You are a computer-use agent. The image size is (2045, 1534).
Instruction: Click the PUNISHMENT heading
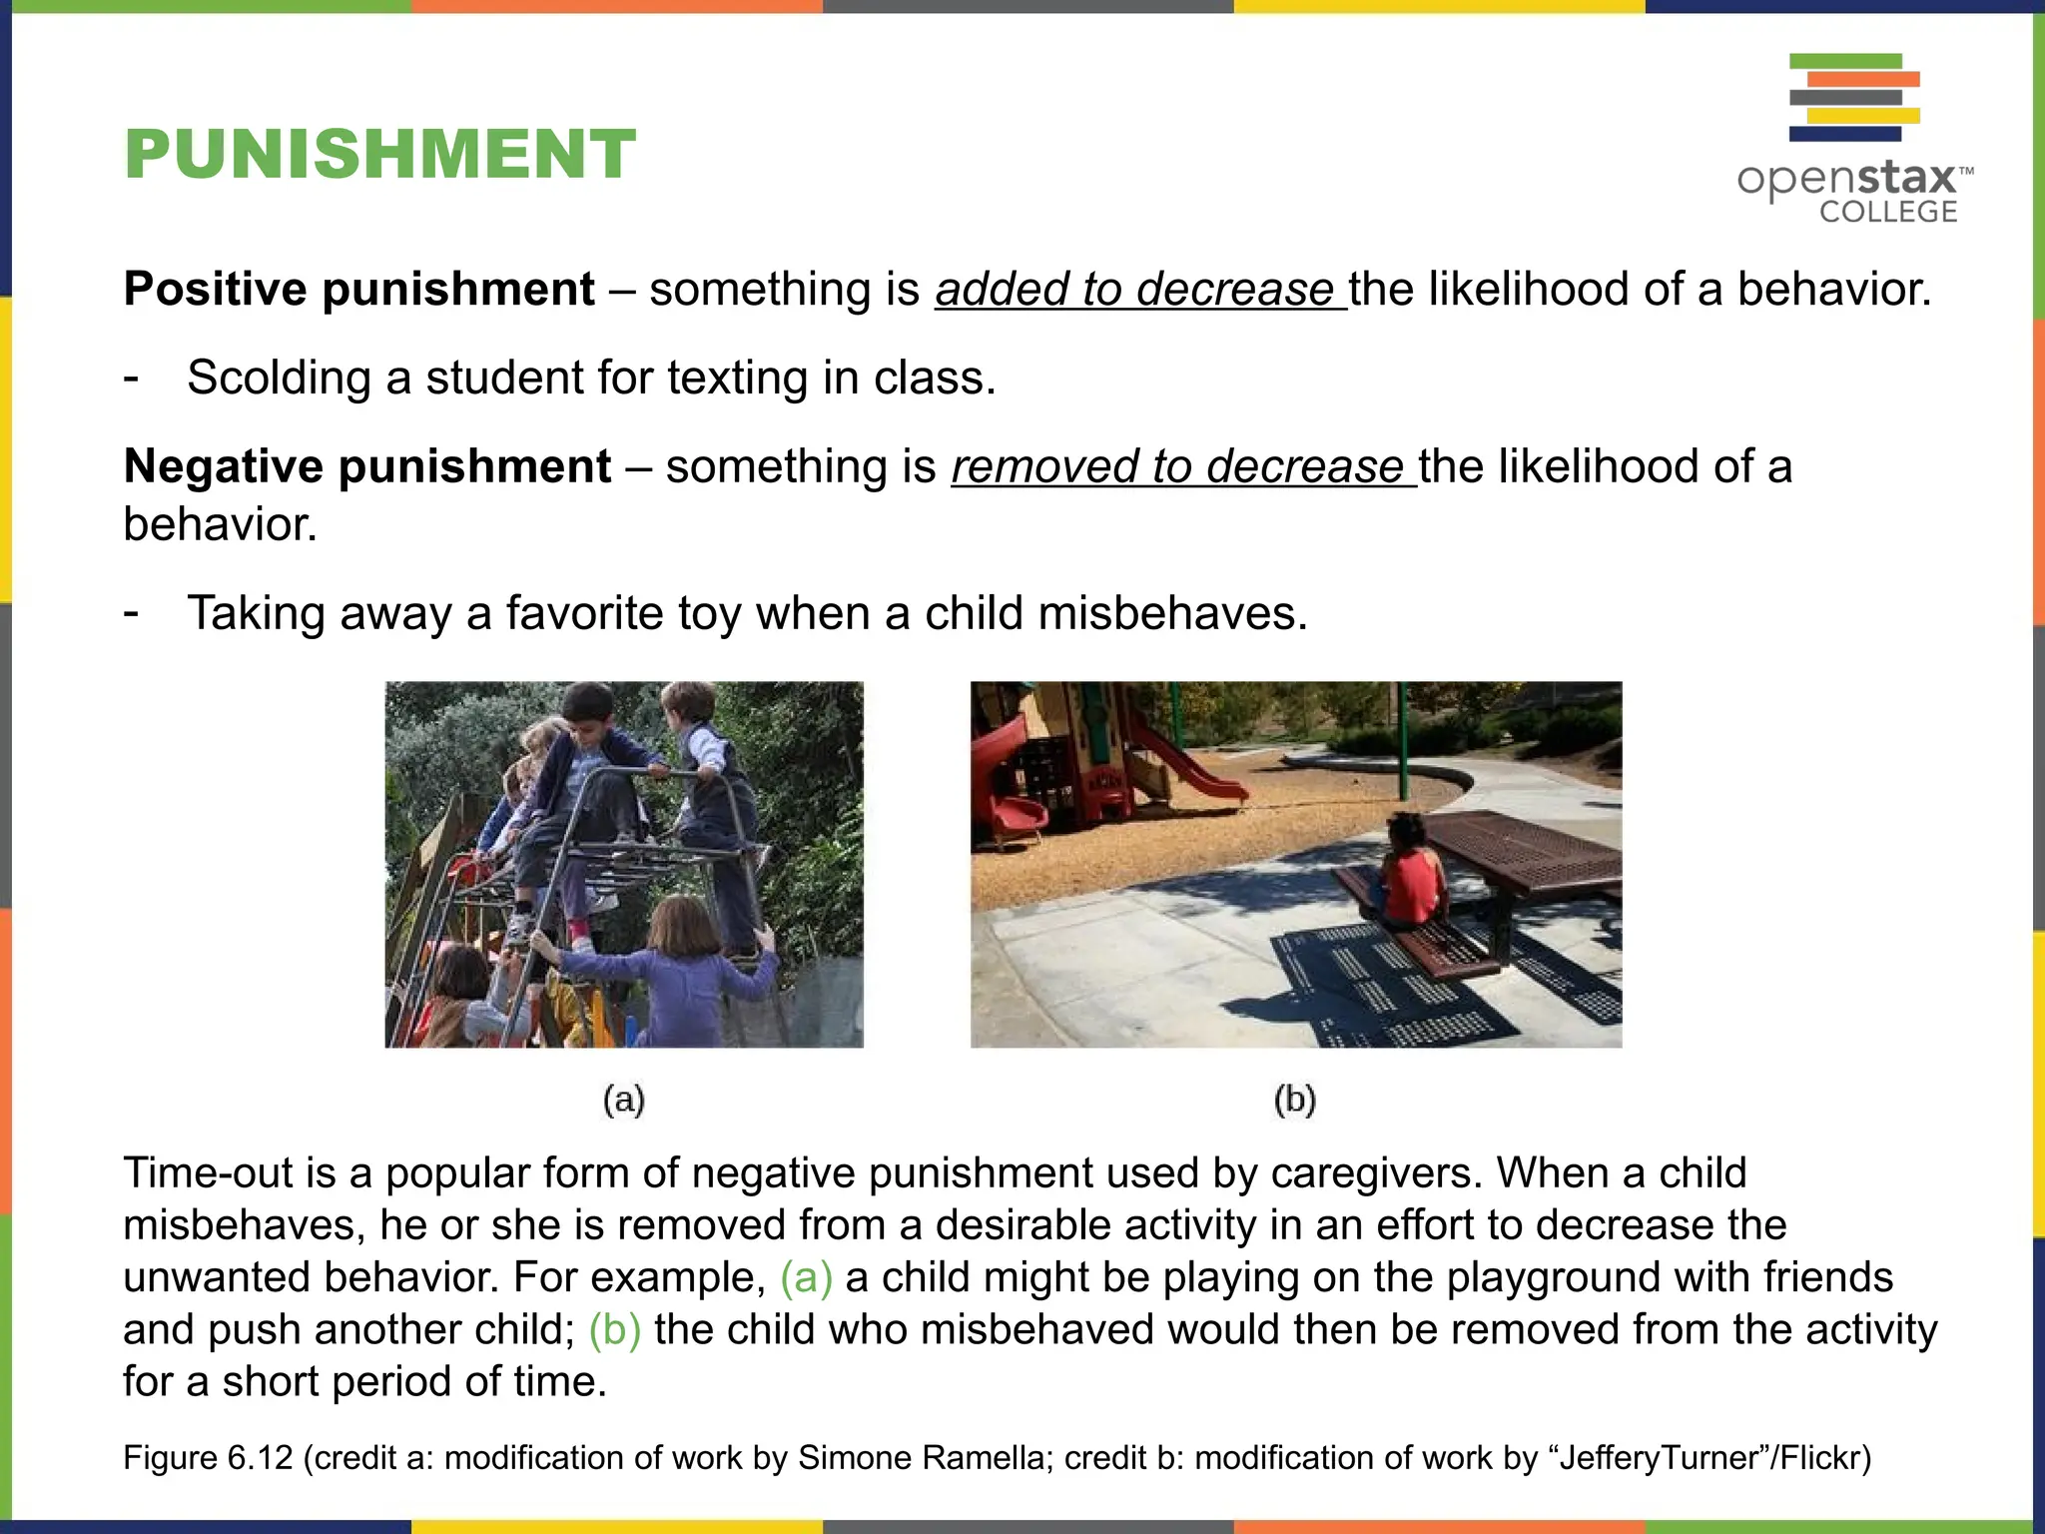pyautogui.click(x=379, y=155)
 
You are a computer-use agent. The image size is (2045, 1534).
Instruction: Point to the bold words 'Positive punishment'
pyautogui.click(x=359, y=290)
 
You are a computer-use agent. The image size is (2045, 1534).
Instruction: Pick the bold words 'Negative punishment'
pyautogui.click(x=367, y=467)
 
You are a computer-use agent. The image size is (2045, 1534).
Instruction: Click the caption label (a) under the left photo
pyautogui.click(x=624, y=1100)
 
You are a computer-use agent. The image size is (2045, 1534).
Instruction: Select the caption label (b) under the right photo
pyautogui.click(x=1295, y=1100)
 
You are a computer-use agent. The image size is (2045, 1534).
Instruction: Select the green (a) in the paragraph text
pyautogui.click(x=806, y=1278)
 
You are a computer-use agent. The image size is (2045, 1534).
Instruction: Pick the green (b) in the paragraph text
pyautogui.click(x=614, y=1330)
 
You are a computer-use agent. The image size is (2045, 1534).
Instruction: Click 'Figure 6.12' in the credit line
pyautogui.click(x=208, y=1458)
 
